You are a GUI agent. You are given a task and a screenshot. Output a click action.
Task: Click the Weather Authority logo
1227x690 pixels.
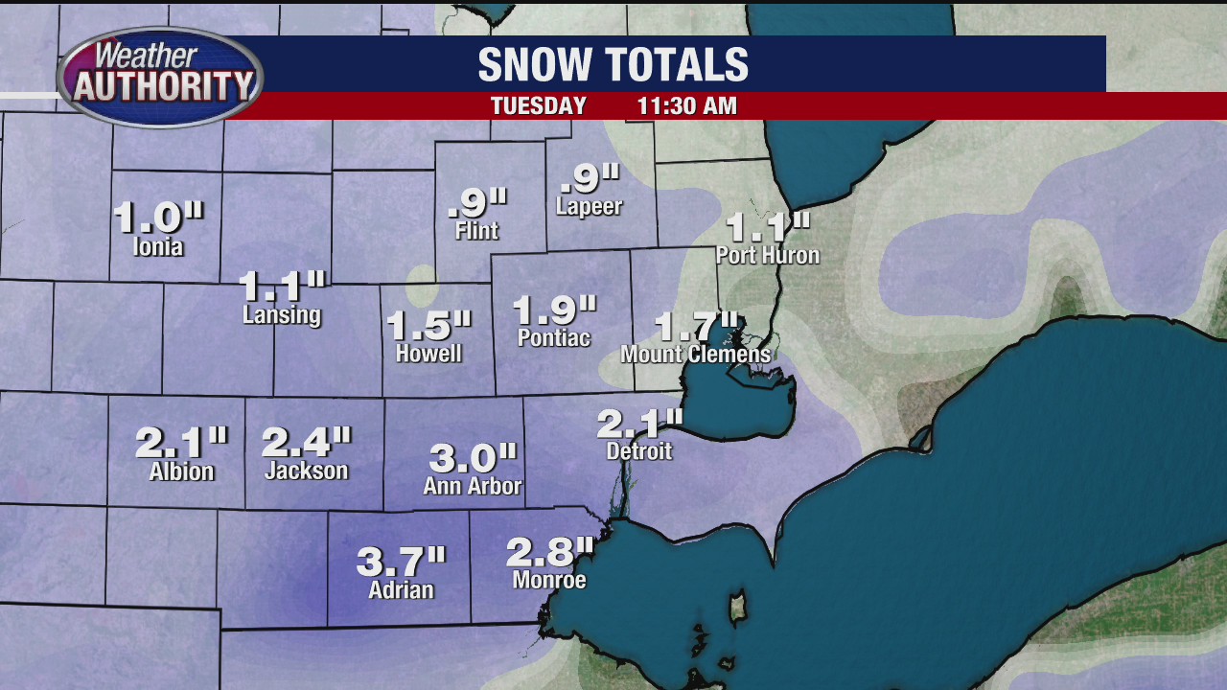point(160,77)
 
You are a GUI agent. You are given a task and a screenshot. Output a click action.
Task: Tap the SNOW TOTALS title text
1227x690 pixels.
point(613,65)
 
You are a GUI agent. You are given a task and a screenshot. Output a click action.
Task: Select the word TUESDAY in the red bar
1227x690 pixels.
point(538,106)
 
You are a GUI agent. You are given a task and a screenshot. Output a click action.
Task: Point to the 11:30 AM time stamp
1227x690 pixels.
point(686,106)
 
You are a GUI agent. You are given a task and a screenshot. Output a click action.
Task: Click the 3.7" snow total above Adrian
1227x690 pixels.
point(402,561)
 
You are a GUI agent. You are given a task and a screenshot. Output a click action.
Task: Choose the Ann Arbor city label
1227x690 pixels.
point(473,486)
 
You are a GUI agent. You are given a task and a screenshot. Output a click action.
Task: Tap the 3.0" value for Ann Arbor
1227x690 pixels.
point(473,457)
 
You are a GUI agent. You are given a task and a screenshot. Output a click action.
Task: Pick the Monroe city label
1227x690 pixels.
point(549,580)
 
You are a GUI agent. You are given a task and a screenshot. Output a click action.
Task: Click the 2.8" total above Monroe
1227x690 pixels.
point(550,551)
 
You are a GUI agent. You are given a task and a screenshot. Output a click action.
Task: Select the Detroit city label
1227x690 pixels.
point(639,450)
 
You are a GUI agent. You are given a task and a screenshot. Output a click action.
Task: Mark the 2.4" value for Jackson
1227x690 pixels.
point(306,441)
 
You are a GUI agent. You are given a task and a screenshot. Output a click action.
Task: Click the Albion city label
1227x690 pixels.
point(181,471)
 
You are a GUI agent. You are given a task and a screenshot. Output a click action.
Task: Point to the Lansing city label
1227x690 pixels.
point(282,315)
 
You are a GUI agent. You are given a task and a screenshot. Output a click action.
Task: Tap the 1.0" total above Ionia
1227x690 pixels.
point(158,217)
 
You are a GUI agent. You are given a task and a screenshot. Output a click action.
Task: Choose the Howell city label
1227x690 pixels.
point(428,354)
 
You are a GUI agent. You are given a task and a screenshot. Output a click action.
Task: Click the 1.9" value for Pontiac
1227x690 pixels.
point(554,310)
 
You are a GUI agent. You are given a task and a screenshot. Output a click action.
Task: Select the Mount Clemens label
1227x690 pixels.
point(695,355)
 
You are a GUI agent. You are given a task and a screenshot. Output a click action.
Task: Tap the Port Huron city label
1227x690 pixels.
point(768,256)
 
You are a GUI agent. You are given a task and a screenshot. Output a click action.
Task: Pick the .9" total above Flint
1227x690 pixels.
point(477,202)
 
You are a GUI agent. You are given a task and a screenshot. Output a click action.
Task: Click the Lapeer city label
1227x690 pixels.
point(589,207)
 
